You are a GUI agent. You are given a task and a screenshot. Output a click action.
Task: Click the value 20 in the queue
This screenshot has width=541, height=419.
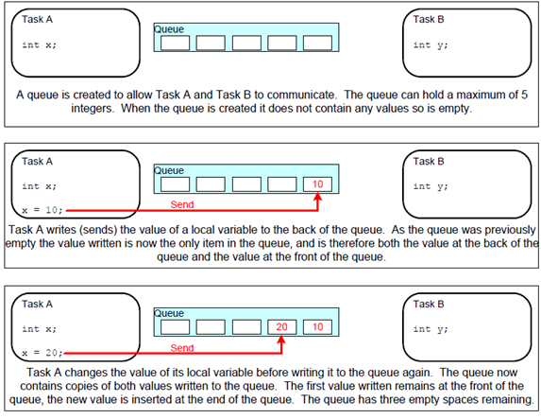click(281, 326)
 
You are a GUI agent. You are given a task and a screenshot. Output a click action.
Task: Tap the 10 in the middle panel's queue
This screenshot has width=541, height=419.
click(317, 183)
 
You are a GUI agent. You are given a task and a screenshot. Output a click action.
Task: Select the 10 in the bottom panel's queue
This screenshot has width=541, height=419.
click(317, 326)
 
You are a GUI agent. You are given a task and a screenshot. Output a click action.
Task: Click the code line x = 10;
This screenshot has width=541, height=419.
click(42, 210)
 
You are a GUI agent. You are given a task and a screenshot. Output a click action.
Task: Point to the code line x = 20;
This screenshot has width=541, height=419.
click(42, 353)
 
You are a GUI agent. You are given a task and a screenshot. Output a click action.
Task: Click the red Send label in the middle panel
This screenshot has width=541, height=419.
click(182, 204)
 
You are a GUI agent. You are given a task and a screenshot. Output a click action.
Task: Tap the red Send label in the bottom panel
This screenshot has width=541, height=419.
click(182, 347)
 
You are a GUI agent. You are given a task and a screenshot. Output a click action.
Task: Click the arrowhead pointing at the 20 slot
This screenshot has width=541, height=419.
click(281, 339)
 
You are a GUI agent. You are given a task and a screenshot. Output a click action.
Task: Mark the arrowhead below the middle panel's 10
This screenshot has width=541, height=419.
click(317, 197)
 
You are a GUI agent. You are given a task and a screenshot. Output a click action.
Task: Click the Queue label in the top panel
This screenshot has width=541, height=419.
click(169, 29)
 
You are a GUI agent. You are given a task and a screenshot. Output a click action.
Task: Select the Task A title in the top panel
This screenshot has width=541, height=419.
click(37, 19)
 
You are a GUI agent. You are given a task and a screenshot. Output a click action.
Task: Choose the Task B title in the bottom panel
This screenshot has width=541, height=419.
click(429, 304)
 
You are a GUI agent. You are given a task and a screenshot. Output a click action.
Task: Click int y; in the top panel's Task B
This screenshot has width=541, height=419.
click(431, 45)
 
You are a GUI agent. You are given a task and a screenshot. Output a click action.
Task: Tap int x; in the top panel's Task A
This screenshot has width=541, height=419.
click(39, 45)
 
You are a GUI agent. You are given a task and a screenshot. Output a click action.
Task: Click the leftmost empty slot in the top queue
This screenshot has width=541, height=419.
click(175, 43)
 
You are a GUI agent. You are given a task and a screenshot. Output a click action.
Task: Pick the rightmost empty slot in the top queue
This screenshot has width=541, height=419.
click(317, 43)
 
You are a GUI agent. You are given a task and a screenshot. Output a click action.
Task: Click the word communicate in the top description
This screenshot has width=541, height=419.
click(300, 95)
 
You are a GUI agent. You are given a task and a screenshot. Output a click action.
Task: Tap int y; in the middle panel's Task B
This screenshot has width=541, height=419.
click(431, 186)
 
